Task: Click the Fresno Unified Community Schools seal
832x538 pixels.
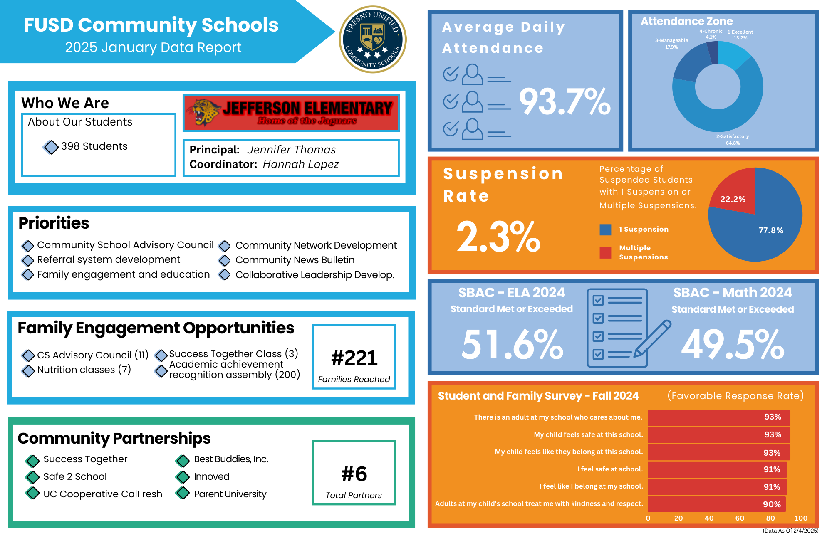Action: [x=372, y=39]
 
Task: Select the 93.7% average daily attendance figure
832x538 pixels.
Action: [x=565, y=102]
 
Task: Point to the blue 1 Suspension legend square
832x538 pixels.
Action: [x=605, y=230]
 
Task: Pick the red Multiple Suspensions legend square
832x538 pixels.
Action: [x=605, y=252]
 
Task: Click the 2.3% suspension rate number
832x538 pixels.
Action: [x=498, y=237]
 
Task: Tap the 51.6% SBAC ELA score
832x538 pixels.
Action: [x=512, y=344]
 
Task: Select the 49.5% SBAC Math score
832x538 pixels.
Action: [x=733, y=344]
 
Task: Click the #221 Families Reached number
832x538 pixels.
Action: [x=354, y=358]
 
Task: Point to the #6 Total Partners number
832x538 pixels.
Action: [x=354, y=474]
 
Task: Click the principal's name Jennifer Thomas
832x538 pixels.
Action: [x=291, y=150]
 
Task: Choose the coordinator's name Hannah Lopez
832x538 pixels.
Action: [x=301, y=164]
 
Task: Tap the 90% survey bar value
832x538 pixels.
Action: [x=771, y=504]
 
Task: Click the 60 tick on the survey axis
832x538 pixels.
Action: [x=740, y=518]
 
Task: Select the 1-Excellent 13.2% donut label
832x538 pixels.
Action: [x=740, y=35]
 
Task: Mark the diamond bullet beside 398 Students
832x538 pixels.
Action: [x=51, y=147]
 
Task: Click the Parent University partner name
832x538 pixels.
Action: [x=230, y=494]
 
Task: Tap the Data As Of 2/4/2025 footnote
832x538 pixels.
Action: [x=790, y=531]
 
